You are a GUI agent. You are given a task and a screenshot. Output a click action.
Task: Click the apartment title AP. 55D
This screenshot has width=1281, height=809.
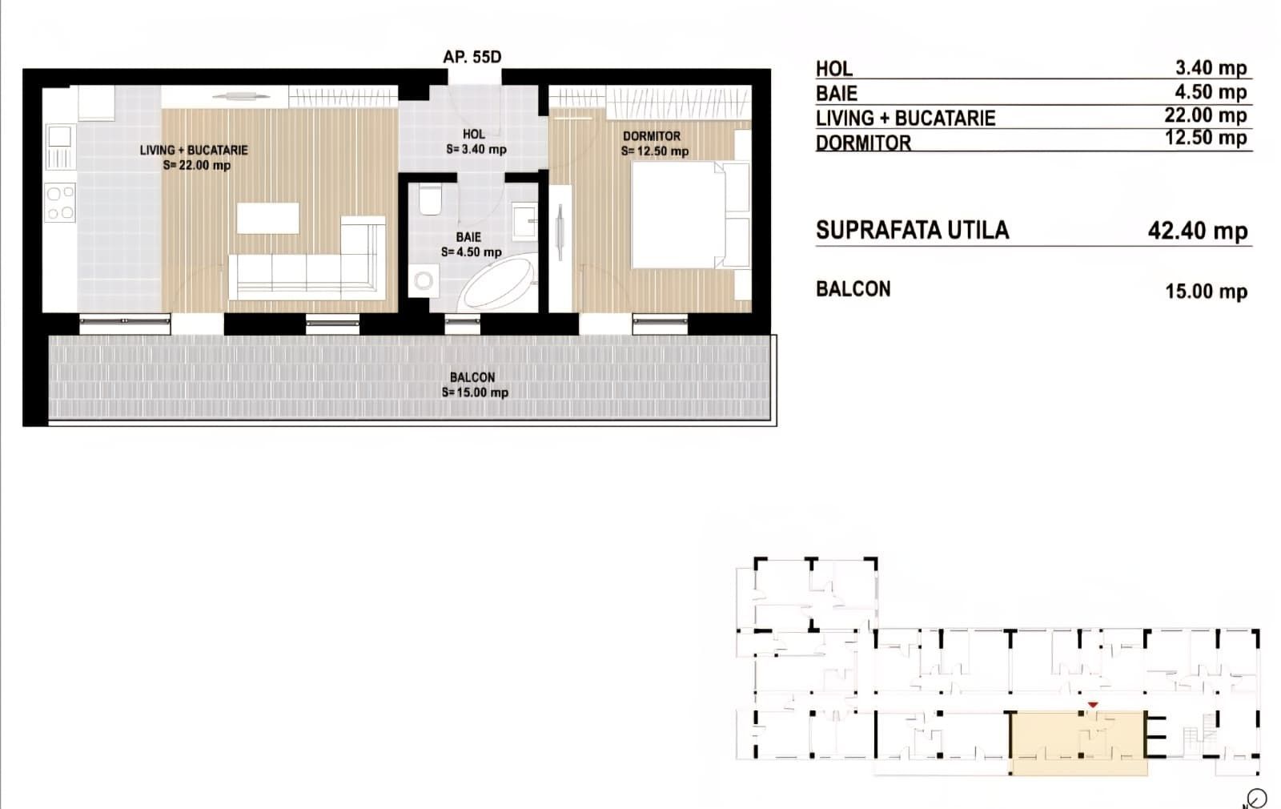tap(472, 57)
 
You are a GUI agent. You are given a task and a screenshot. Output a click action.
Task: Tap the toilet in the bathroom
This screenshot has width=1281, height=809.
tap(430, 200)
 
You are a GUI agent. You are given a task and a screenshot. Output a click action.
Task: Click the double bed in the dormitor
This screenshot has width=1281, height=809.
tap(681, 215)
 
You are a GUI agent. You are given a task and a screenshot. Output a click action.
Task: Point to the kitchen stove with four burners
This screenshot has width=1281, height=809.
tap(60, 202)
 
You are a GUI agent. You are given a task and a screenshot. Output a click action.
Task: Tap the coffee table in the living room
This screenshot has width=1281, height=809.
tap(268, 218)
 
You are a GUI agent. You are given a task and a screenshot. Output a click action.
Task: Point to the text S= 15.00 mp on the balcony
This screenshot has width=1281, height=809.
tap(475, 392)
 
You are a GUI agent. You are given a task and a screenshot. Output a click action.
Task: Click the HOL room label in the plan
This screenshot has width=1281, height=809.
tap(473, 135)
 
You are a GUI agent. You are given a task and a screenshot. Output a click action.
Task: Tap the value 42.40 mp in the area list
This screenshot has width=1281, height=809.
tap(1197, 231)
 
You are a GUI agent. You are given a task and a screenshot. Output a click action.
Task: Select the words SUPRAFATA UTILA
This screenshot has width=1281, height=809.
tap(912, 231)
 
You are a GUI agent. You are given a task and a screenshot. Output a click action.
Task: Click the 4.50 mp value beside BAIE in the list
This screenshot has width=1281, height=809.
tap(1210, 92)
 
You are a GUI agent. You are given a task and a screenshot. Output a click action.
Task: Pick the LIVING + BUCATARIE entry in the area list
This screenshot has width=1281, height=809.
tap(905, 118)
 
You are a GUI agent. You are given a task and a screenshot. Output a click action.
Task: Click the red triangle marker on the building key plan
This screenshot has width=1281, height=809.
tap(1093, 705)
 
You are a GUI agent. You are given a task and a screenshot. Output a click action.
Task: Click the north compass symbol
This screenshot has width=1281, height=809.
tap(1256, 799)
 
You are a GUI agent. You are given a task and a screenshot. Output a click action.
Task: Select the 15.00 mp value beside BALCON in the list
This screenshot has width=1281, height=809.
tap(1205, 291)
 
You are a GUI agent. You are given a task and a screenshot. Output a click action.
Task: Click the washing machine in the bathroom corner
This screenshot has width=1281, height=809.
tap(424, 280)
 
